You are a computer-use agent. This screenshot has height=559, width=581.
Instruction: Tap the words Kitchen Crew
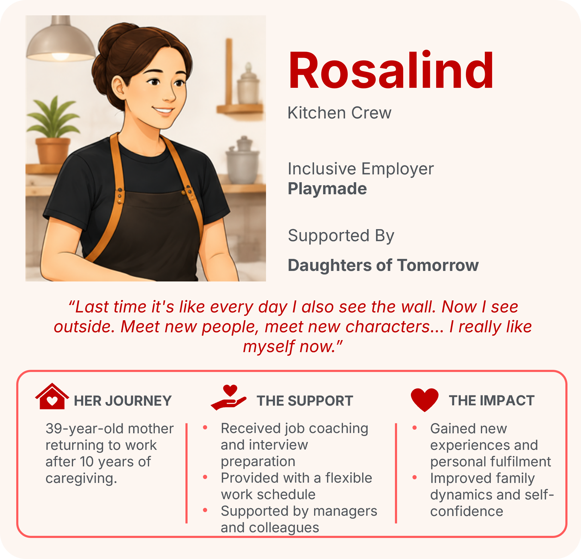340,113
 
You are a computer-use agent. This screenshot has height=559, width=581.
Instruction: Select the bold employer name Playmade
327,189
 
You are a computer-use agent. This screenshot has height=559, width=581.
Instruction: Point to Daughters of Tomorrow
383,265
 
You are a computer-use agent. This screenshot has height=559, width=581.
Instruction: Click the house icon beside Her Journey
52,396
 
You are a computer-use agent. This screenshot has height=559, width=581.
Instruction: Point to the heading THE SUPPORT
305,401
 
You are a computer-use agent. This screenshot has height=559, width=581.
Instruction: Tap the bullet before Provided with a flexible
205,477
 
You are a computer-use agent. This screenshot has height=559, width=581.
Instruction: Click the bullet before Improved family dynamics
414,477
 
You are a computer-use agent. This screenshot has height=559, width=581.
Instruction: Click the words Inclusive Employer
361,169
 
